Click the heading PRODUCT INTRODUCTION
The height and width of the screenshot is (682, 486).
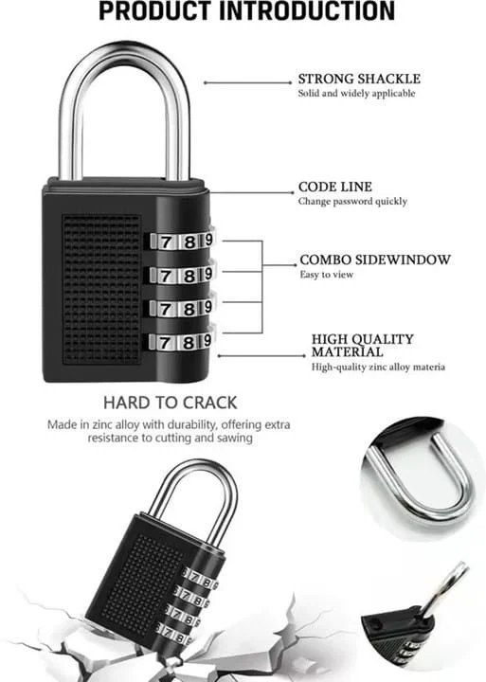246,11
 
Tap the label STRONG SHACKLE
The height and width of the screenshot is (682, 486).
359,79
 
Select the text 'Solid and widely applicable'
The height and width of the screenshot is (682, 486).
356,93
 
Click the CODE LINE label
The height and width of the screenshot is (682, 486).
335,187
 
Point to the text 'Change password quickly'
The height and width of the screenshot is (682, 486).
352,202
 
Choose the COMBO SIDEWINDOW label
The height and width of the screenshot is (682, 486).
375,260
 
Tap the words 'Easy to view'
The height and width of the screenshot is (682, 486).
326,275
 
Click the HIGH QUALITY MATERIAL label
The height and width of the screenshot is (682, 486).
363,346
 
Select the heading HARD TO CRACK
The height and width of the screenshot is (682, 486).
171,403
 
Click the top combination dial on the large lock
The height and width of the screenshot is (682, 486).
182,241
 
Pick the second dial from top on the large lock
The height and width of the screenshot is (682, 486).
182,275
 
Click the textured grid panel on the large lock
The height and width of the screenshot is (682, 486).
101,289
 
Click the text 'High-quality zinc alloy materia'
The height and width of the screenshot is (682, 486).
378,368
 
